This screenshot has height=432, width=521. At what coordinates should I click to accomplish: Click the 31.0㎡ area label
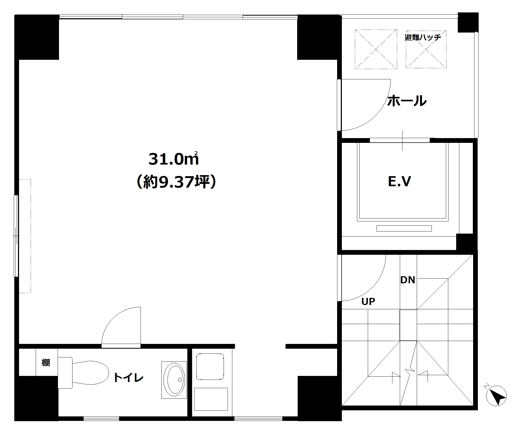(x=174, y=159)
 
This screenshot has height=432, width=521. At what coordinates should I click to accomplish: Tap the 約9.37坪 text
(x=176, y=182)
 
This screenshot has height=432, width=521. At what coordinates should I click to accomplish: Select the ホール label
(x=407, y=101)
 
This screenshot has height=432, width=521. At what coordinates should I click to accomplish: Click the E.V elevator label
(x=399, y=181)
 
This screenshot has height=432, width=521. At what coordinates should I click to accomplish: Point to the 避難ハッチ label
(x=423, y=37)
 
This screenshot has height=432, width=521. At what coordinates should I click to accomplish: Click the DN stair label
(x=407, y=280)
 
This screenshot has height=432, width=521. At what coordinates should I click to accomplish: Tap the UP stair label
(x=368, y=302)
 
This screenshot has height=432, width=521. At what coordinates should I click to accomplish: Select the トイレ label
(x=128, y=378)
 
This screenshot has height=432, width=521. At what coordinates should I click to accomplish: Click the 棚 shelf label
(x=46, y=362)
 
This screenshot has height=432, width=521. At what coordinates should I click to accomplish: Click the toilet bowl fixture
(x=83, y=373)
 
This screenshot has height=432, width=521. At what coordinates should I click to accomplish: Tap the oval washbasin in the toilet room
(x=174, y=380)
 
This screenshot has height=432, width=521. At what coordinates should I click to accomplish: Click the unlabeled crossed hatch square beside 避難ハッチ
(x=376, y=49)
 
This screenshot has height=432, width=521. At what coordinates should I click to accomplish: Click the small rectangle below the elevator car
(x=404, y=228)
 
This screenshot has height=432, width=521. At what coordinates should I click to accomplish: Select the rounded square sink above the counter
(x=210, y=367)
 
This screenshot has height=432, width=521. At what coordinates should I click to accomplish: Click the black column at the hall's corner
(x=468, y=22)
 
